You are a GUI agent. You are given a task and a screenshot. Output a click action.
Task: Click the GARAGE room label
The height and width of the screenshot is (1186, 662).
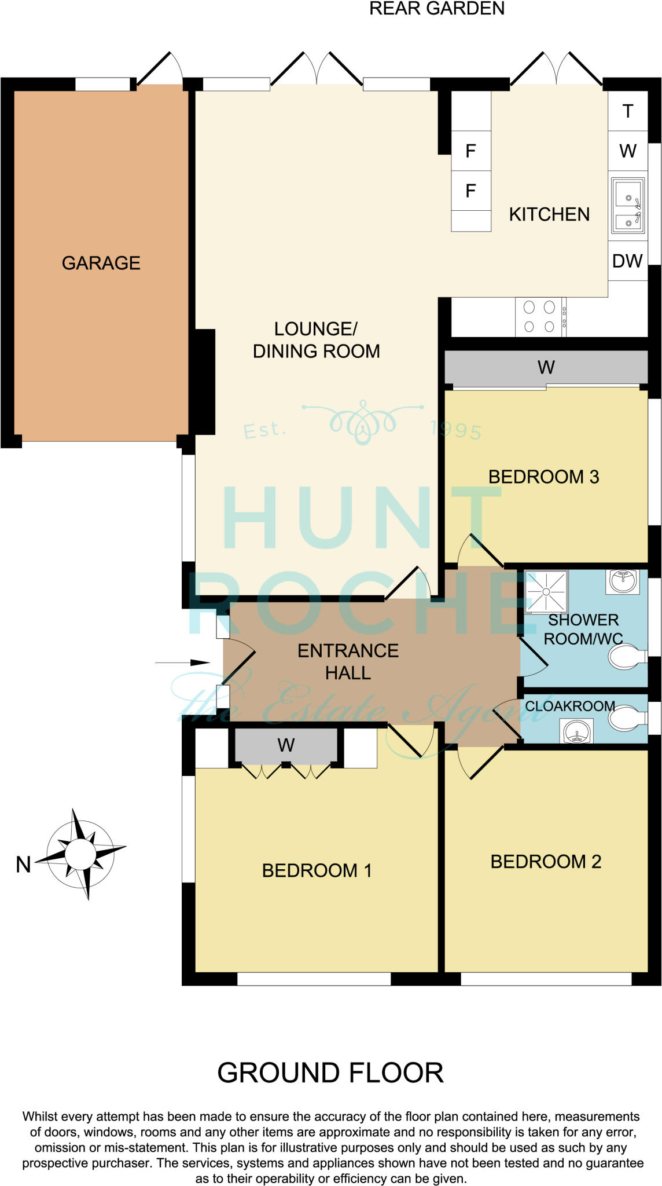(x=101, y=263)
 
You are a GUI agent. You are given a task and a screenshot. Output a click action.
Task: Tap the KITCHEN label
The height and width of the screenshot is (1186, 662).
(x=549, y=214)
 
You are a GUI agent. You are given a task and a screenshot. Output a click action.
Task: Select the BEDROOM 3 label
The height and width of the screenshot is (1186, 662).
(x=543, y=477)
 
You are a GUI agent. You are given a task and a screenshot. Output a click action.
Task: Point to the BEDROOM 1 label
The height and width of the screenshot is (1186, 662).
(x=317, y=870)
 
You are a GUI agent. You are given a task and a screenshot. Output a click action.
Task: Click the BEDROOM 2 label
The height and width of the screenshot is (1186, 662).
(x=546, y=862)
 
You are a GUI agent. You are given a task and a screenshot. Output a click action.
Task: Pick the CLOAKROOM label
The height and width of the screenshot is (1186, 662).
(x=569, y=706)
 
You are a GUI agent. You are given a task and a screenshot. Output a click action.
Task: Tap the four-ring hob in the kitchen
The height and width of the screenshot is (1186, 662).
(x=539, y=317)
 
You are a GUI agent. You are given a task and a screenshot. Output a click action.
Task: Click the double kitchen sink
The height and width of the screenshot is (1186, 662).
(x=628, y=206)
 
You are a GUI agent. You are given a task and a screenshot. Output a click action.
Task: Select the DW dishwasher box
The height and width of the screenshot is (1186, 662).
(x=627, y=261)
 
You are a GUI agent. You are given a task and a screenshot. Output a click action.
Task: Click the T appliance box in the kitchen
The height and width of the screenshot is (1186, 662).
(x=628, y=111)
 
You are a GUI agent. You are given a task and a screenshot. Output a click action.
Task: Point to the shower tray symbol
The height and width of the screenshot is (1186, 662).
(x=546, y=591)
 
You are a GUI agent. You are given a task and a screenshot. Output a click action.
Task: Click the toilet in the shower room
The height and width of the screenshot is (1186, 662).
(x=627, y=658)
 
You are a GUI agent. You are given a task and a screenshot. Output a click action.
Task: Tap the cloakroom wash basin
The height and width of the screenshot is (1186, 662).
(x=577, y=731)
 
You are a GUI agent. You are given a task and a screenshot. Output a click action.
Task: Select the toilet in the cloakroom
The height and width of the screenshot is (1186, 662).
(x=627, y=719)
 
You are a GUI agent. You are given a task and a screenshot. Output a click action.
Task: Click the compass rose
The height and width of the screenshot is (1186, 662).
(x=81, y=854)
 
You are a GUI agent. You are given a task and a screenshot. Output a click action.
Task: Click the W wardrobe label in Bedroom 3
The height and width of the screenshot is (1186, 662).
(x=546, y=367)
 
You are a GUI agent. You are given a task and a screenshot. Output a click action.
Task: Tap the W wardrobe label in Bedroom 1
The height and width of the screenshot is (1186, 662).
(x=286, y=745)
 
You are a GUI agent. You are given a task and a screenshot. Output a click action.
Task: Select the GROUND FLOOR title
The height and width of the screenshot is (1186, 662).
(x=330, y=1073)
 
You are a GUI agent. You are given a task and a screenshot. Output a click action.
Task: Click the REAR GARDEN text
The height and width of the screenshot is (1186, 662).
(x=437, y=9)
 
